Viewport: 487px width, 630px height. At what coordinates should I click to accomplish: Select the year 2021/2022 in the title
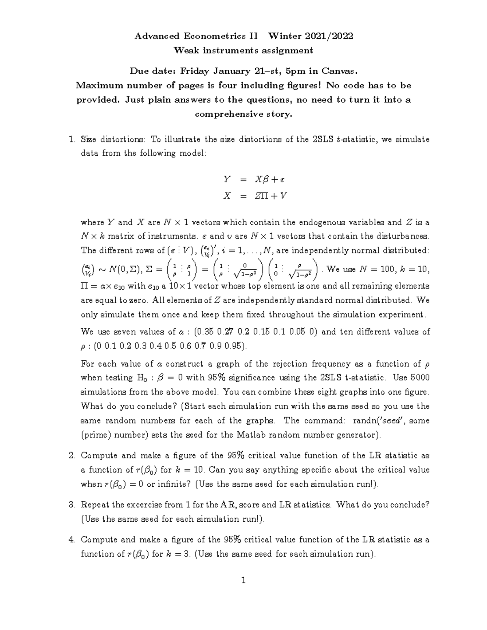(329, 36)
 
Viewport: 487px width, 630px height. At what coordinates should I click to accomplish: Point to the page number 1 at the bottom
(243, 581)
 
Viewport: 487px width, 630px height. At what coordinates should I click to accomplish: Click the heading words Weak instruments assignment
(243, 50)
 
